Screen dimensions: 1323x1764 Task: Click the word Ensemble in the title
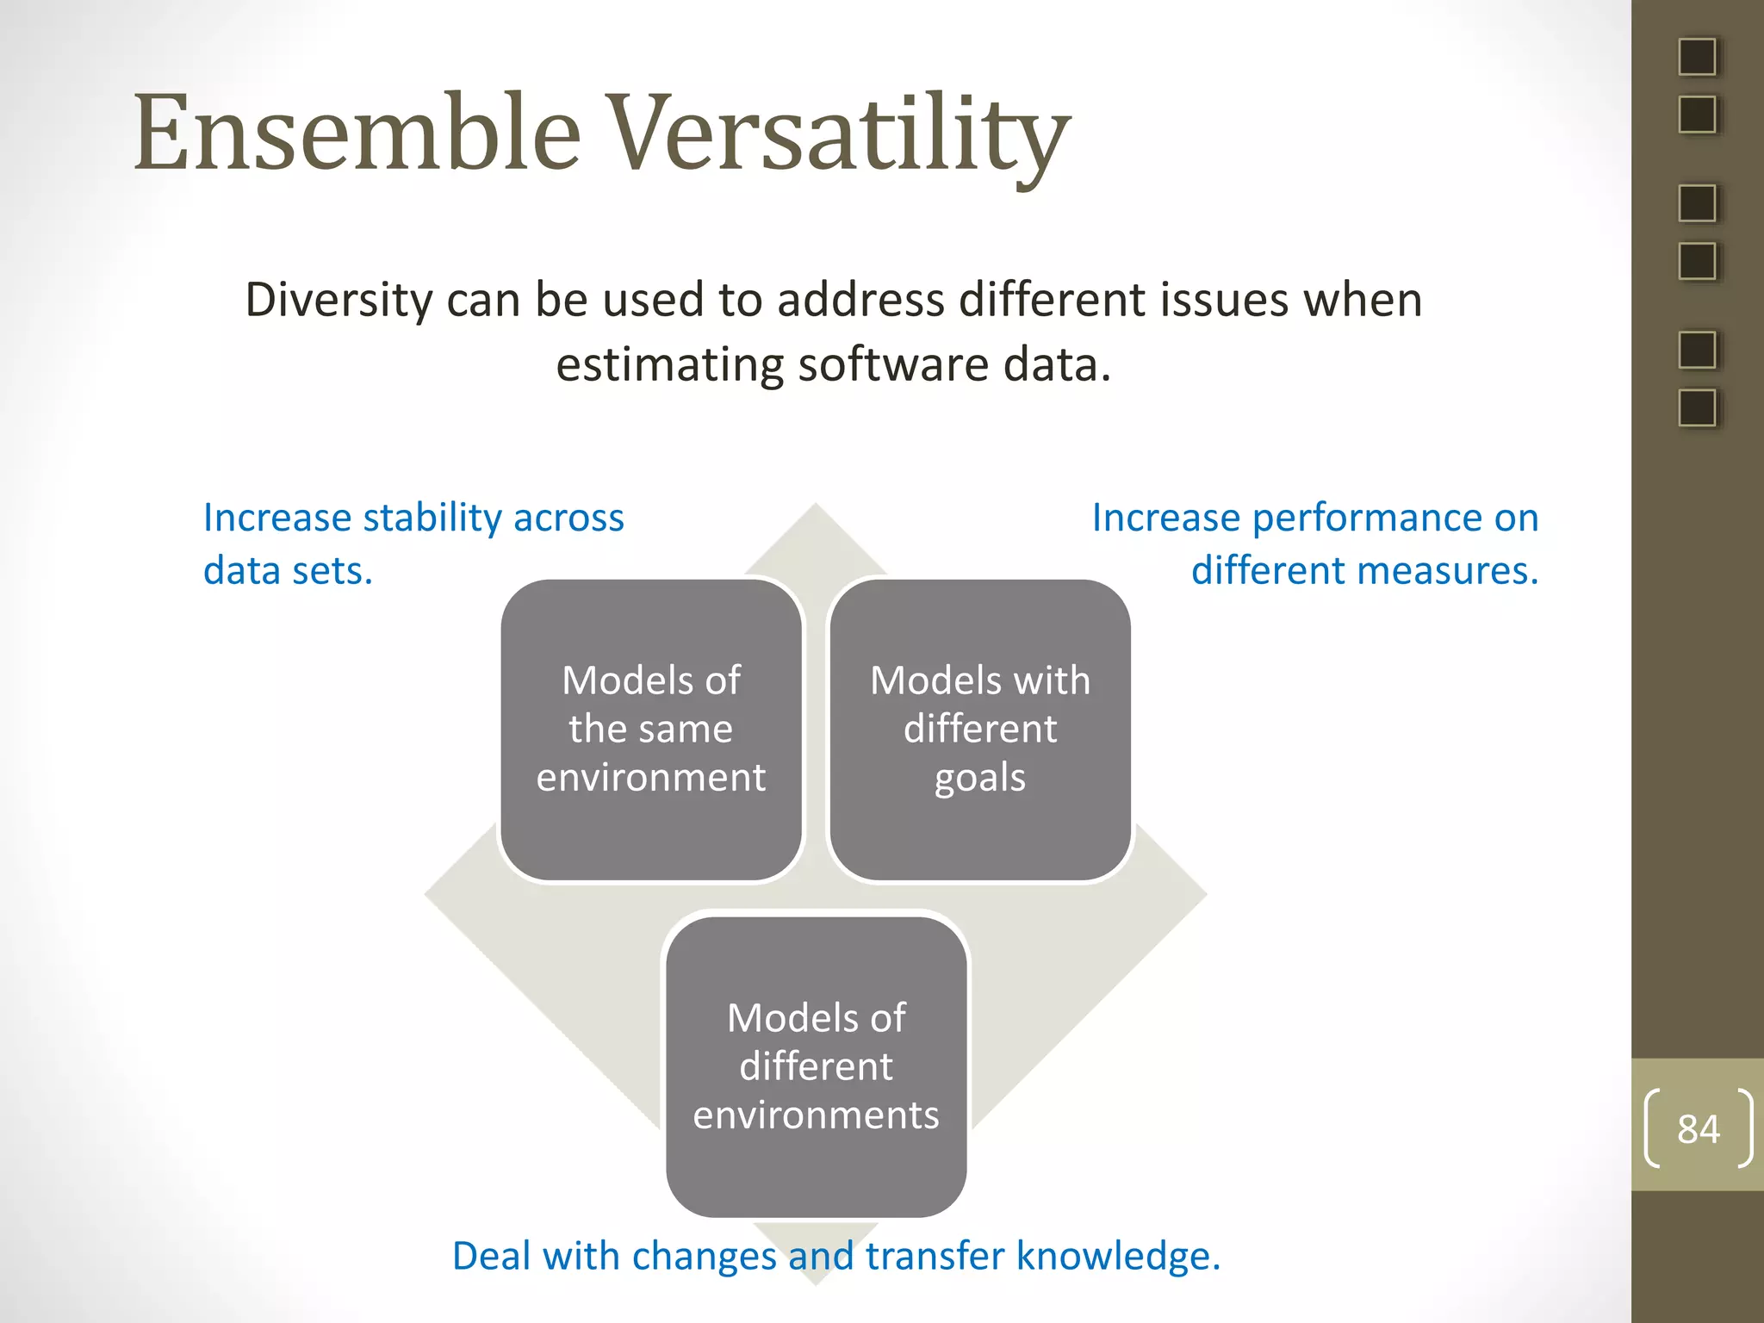(x=357, y=134)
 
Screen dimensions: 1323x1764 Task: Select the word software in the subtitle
(x=892, y=364)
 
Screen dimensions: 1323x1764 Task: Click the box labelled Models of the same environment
(x=651, y=730)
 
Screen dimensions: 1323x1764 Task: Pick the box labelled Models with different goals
(x=980, y=730)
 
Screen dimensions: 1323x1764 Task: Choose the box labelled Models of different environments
(x=816, y=1066)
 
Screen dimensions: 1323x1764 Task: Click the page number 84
(x=1698, y=1129)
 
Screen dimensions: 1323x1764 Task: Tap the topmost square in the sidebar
(x=1697, y=57)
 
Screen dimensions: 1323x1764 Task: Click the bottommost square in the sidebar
(x=1697, y=407)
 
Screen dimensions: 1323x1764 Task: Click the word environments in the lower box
(x=816, y=1115)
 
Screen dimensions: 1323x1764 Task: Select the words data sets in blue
(x=288, y=571)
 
